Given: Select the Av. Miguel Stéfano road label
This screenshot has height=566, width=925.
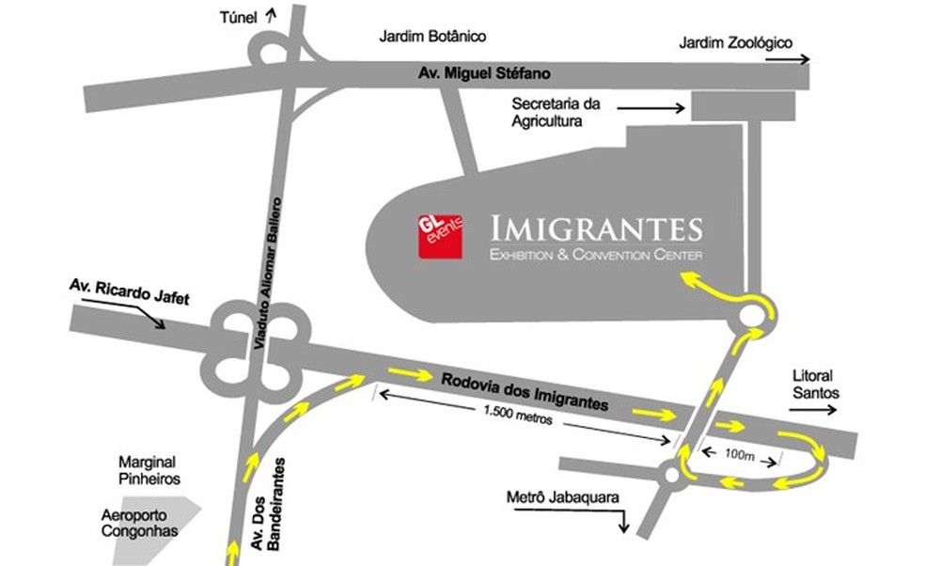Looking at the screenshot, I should click(x=485, y=73).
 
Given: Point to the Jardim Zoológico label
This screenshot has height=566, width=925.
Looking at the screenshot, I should click(x=736, y=42).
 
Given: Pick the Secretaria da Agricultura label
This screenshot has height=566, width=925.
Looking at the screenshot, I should click(x=556, y=112).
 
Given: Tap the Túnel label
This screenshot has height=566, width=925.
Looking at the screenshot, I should click(x=239, y=16).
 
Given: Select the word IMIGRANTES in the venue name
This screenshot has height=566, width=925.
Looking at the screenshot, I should click(x=598, y=228).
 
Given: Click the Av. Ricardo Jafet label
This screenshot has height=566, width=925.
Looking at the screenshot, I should click(x=129, y=292).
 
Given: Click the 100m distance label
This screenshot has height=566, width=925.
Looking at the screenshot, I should click(x=741, y=454).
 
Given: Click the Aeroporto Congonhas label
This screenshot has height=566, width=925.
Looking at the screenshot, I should click(x=140, y=523).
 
